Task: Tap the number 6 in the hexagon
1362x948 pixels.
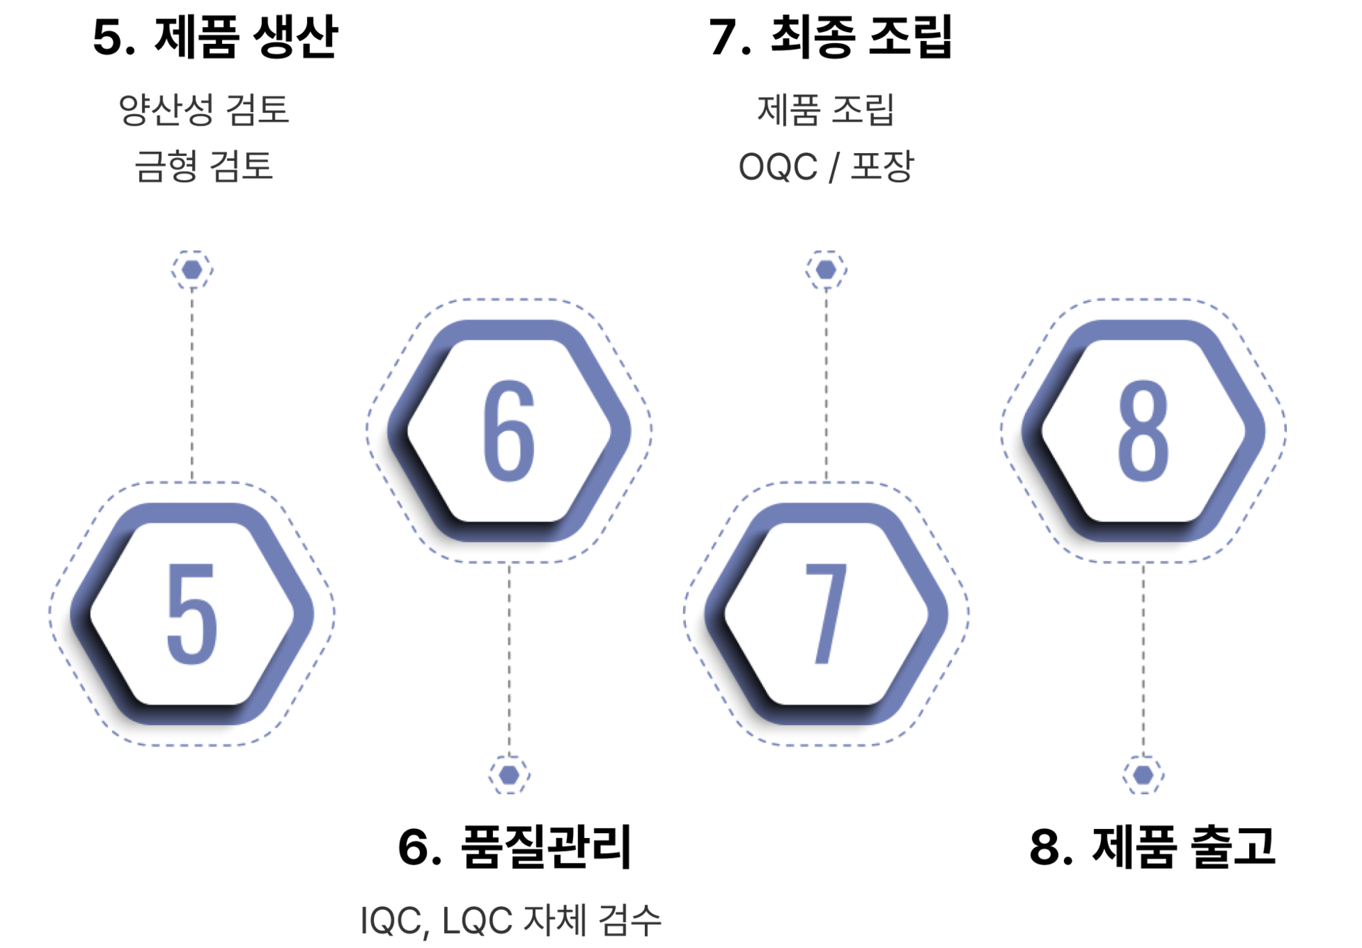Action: tap(509, 430)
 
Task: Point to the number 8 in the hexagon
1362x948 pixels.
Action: tap(1143, 430)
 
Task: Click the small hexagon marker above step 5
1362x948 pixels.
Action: tap(192, 270)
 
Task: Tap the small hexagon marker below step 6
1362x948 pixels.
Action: tap(509, 774)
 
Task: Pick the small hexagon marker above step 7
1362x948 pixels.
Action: tap(826, 270)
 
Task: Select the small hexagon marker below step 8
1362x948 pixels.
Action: tap(1143, 774)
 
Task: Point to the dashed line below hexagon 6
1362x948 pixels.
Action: tap(509, 659)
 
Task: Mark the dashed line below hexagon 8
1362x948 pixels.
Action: tap(1143, 659)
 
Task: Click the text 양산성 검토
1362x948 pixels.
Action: tap(204, 111)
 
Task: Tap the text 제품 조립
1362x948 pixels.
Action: tap(825, 111)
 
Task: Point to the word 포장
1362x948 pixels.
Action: tap(882, 167)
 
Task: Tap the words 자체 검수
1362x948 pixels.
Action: tap(592, 921)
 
